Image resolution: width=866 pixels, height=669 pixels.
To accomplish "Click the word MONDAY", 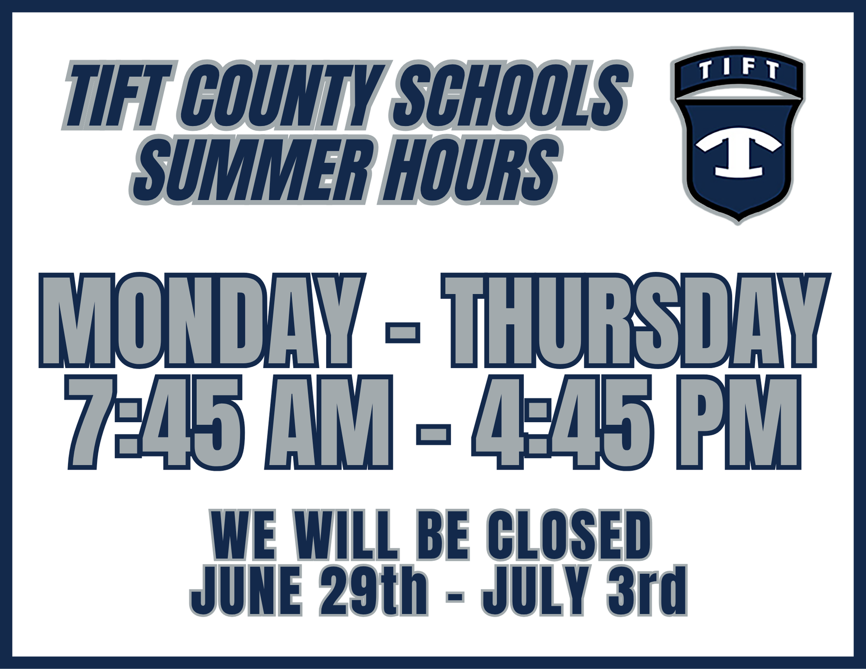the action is (x=201, y=320).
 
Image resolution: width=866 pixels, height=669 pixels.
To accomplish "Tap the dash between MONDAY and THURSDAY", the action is (x=403, y=334).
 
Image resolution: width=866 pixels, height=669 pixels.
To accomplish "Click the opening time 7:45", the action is (x=154, y=422).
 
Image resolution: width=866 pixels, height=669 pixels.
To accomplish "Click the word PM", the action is (x=738, y=422).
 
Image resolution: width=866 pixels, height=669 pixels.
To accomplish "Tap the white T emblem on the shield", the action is (x=738, y=152).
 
